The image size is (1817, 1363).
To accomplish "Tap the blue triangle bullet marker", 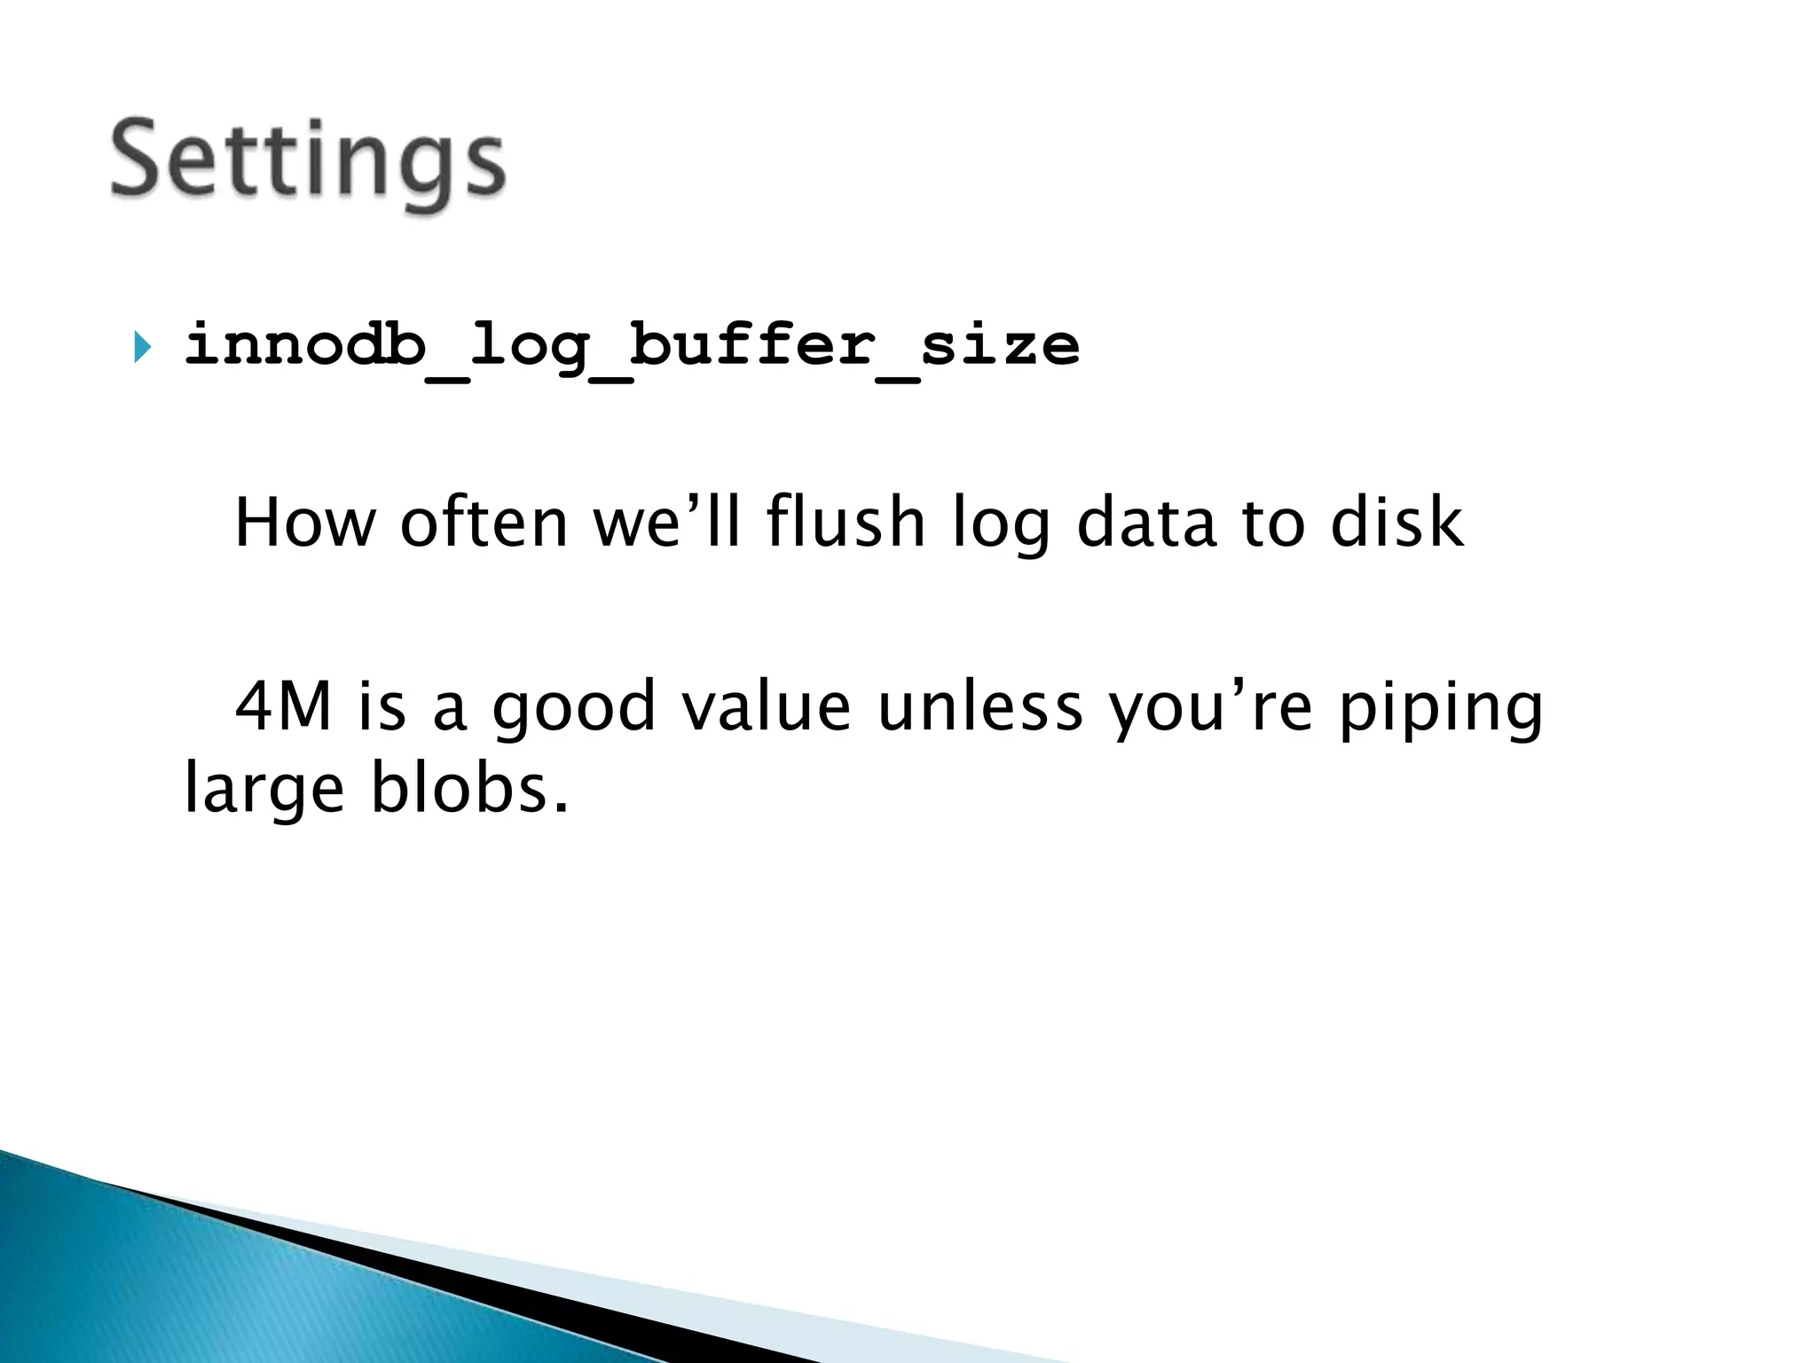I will click(x=142, y=346).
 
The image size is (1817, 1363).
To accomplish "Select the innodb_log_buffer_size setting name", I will click(x=632, y=345).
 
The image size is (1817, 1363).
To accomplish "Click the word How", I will click(x=305, y=523).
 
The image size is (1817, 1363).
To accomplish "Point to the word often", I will click(x=484, y=523).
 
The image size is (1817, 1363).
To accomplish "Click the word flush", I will click(x=846, y=523).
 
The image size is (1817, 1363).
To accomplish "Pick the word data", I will click(x=1145, y=523).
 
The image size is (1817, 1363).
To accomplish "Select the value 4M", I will click(x=283, y=707).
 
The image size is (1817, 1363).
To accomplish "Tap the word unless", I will click(x=980, y=707).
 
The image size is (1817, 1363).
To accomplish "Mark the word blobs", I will click(x=468, y=789).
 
